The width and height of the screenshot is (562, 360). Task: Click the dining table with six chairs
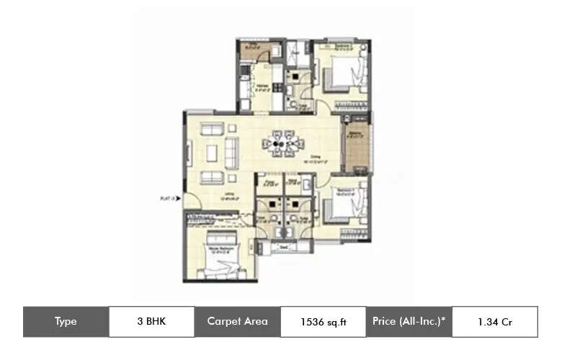point(281,143)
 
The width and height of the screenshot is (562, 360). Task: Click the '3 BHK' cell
point(151,322)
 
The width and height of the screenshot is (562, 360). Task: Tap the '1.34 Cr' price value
point(494,322)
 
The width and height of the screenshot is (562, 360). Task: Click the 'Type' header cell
point(66,322)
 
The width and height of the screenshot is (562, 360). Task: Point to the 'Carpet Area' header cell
point(237,322)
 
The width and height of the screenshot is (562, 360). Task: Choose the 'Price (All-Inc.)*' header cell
point(409,322)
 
